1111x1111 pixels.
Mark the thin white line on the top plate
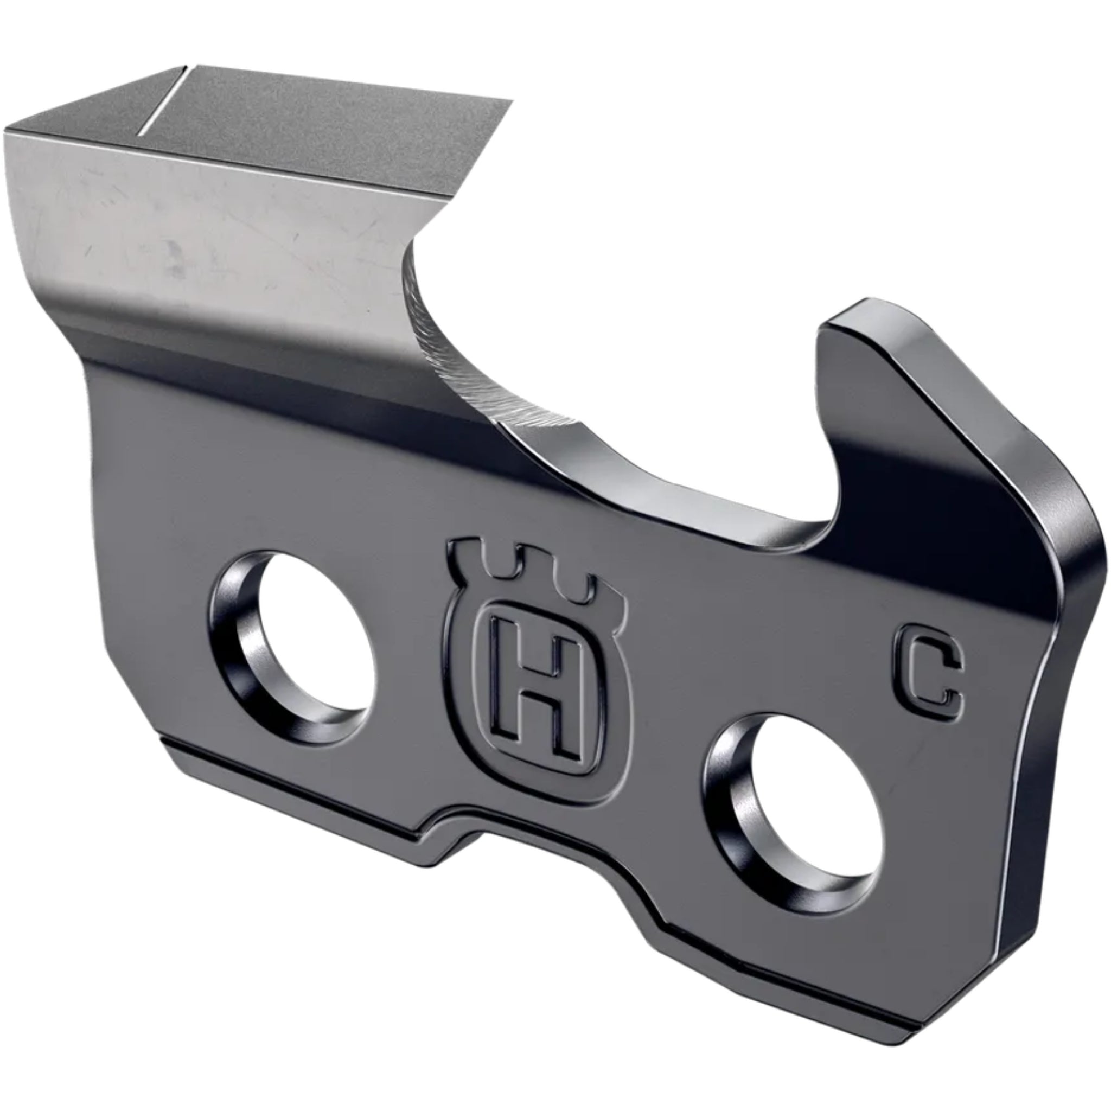[x=161, y=104]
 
